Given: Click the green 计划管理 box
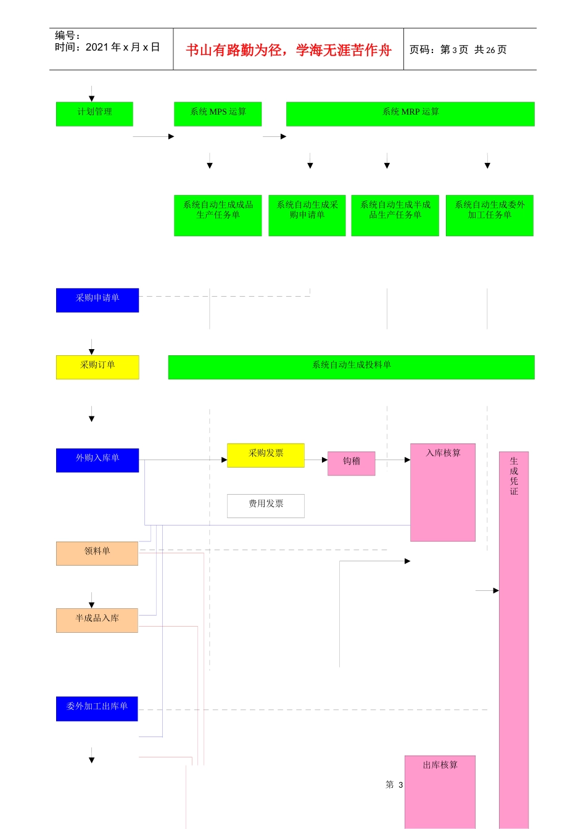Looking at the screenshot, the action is (94, 113).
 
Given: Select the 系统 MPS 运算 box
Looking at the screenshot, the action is (218, 113).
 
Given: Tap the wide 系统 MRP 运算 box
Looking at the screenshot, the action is (410, 113).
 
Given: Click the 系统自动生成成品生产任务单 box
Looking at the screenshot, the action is (218, 215).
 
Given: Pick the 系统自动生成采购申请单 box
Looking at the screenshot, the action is (307, 215).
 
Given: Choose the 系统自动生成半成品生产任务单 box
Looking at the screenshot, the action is (395, 215).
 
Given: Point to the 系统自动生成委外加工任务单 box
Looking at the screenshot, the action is (489, 215).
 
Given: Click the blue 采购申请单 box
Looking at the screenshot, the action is (97, 300).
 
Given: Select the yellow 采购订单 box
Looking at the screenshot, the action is (97, 367).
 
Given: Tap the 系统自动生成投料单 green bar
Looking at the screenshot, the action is (351, 366).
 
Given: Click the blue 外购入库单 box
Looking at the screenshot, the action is (97, 460).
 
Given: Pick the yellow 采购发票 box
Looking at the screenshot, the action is (266, 455).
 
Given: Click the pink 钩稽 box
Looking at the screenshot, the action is (351, 463).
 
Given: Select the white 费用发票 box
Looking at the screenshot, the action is (266, 506).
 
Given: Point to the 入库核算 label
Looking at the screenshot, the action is (443, 453).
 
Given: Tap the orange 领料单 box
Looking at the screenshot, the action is (97, 553).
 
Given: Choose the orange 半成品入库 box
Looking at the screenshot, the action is (97, 620).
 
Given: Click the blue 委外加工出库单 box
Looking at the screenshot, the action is (97, 708).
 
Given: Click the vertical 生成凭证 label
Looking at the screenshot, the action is (514, 476).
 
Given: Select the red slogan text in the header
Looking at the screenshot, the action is (289, 50).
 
